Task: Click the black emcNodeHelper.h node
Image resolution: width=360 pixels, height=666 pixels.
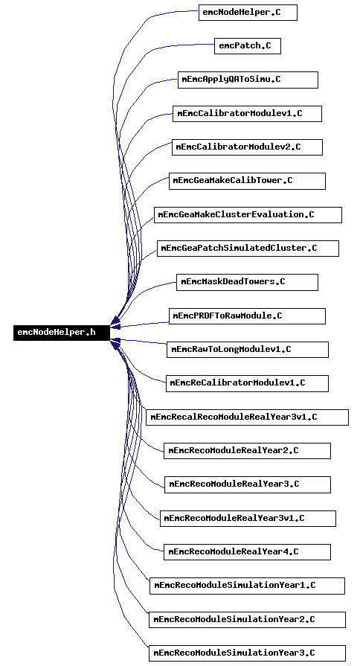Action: pos(62,333)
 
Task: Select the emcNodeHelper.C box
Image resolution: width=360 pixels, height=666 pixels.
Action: pos(248,13)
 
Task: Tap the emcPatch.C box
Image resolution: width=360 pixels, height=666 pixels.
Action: pos(248,46)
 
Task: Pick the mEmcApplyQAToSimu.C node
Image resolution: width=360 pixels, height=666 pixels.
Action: pos(248,80)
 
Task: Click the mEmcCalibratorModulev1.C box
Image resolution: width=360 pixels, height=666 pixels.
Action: pos(247,114)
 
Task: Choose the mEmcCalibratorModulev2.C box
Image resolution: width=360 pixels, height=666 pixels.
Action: pos(247,147)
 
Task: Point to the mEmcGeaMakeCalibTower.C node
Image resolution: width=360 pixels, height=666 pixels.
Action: pos(247,181)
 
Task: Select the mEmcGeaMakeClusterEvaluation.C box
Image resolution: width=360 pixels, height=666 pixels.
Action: pos(248,214)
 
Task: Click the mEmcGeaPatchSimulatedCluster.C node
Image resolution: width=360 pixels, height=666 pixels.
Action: pos(248,249)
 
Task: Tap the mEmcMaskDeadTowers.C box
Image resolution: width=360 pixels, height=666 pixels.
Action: pos(247,282)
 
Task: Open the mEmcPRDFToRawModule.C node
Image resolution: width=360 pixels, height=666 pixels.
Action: pos(247,316)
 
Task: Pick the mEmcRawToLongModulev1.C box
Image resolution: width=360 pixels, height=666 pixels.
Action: pos(248,350)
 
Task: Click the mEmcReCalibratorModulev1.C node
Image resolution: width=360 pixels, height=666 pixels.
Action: pos(247,383)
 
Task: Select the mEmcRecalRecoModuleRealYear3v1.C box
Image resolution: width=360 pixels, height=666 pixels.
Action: pos(247,417)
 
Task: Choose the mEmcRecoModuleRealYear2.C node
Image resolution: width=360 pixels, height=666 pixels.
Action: pos(247,451)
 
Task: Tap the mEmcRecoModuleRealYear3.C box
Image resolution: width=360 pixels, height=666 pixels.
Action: pos(248,484)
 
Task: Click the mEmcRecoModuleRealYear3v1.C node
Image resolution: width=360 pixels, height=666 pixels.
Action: pos(248,519)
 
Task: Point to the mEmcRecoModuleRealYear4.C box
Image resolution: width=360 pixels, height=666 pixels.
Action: pos(247,551)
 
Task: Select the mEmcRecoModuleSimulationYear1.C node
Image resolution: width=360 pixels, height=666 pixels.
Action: pos(247,586)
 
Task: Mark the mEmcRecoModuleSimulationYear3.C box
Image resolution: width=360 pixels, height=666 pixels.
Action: pos(247,653)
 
